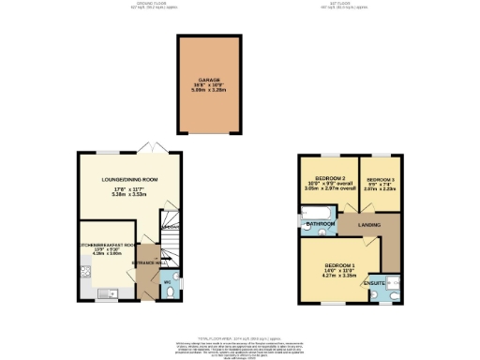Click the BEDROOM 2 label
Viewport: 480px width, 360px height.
click(x=330, y=178)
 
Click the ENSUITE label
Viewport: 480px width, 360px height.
click(x=375, y=281)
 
